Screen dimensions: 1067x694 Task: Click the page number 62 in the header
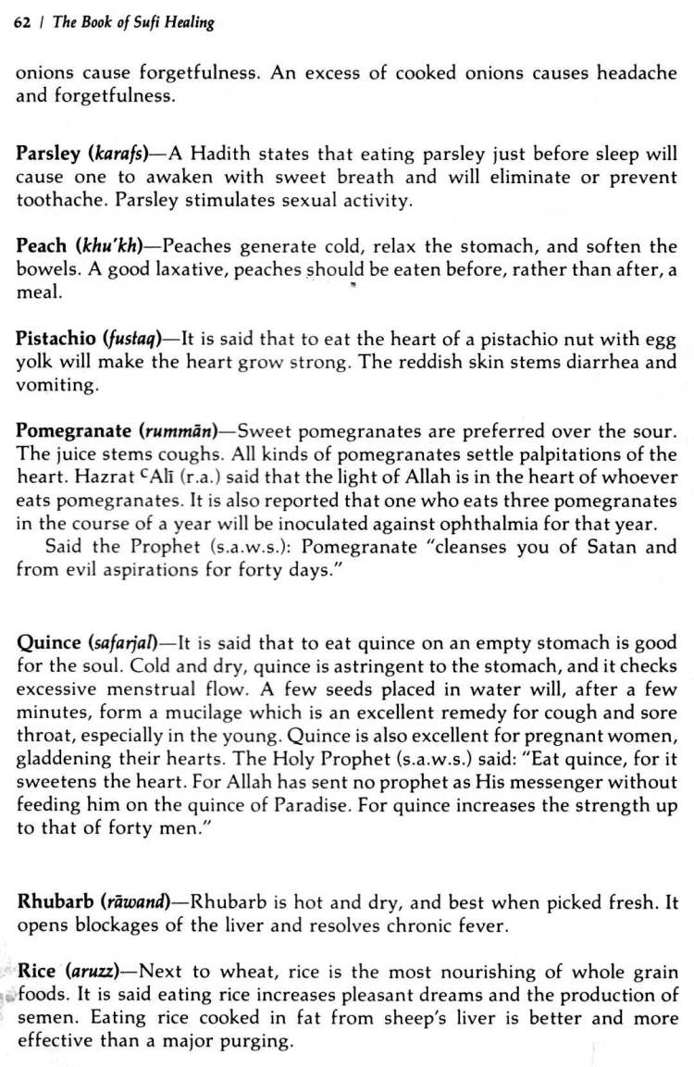pos(22,23)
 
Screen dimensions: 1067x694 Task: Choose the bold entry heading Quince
pos(48,642)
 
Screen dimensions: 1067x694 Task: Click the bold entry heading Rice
pos(37,973)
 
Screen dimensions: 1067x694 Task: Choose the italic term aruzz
pos(96,973)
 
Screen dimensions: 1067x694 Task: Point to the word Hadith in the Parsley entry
pos(220,154)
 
